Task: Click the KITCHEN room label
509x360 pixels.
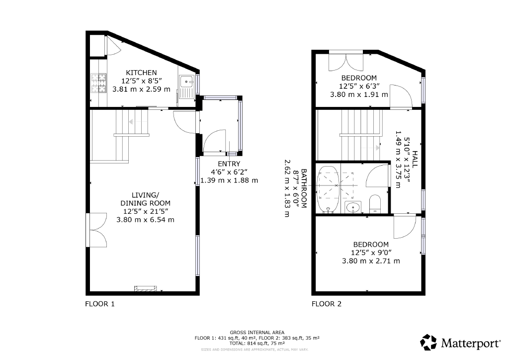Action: [141, 73]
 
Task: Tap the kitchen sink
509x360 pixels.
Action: [187, 81]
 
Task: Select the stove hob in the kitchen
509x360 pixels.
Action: [98, 83]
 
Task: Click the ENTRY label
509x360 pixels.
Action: [229, 164]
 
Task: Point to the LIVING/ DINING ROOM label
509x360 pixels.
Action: [145, 199]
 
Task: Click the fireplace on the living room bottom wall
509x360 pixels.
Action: [146, 288]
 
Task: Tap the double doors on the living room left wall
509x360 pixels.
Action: [97, 230]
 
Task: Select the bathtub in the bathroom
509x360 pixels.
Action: [328, 189]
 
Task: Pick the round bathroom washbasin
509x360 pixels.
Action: [352, 207]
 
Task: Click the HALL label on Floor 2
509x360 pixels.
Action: [415, 159]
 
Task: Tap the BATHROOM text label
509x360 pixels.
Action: [304, 188]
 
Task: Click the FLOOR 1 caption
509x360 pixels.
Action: [99, 304]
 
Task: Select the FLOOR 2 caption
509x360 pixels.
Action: [326, 304]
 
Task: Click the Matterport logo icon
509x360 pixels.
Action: [428, 342]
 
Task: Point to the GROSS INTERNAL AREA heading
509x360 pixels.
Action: [257, 333]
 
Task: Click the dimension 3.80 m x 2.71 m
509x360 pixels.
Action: [371, 261]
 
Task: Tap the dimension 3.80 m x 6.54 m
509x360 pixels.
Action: [145, 219]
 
